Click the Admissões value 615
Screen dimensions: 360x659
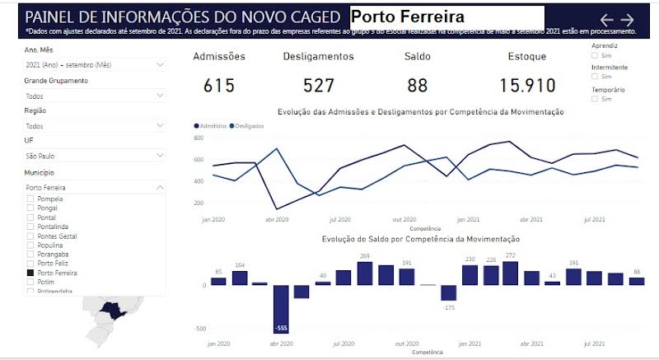click(x=219, y=86)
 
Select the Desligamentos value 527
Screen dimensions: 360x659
click(x=307, y=86)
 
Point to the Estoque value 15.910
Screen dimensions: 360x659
click(x=527, y=86)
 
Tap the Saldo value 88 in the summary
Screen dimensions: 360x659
click(x=418, y=86)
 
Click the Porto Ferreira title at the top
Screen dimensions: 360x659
click(x=408, y=16)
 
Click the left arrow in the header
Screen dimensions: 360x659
click(x=607, y=19)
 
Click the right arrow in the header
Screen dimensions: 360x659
click(x=628, y=19)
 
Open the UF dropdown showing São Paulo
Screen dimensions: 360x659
click(x=95, y=156)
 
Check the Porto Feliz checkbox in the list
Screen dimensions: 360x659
click(x=30, y=264)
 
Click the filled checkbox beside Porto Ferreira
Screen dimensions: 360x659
click(x=30, y=273)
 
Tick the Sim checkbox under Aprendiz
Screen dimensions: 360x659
click(x=596, y=55)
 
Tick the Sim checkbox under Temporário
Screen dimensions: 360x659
click(x=596, y=99)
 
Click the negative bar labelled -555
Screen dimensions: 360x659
click(x=282, y=307)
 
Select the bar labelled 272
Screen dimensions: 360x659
click(x=510, y=273)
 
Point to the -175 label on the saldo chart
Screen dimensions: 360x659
click(x=449, y=307)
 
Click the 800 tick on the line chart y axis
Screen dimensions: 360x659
click(x=199, y=138)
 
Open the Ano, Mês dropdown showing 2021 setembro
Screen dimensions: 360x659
click(x=95, y=64)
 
